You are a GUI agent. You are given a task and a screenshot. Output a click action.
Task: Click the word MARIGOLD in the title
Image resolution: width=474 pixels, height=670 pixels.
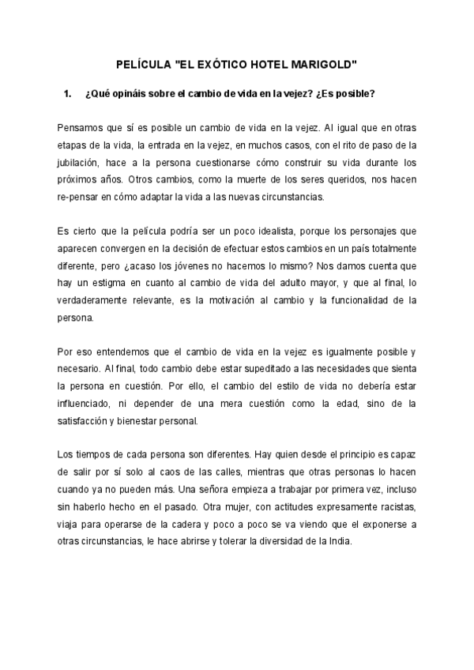pos(325,62)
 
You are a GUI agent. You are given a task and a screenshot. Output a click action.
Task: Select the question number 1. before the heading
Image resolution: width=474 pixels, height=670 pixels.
pos(67,95)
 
